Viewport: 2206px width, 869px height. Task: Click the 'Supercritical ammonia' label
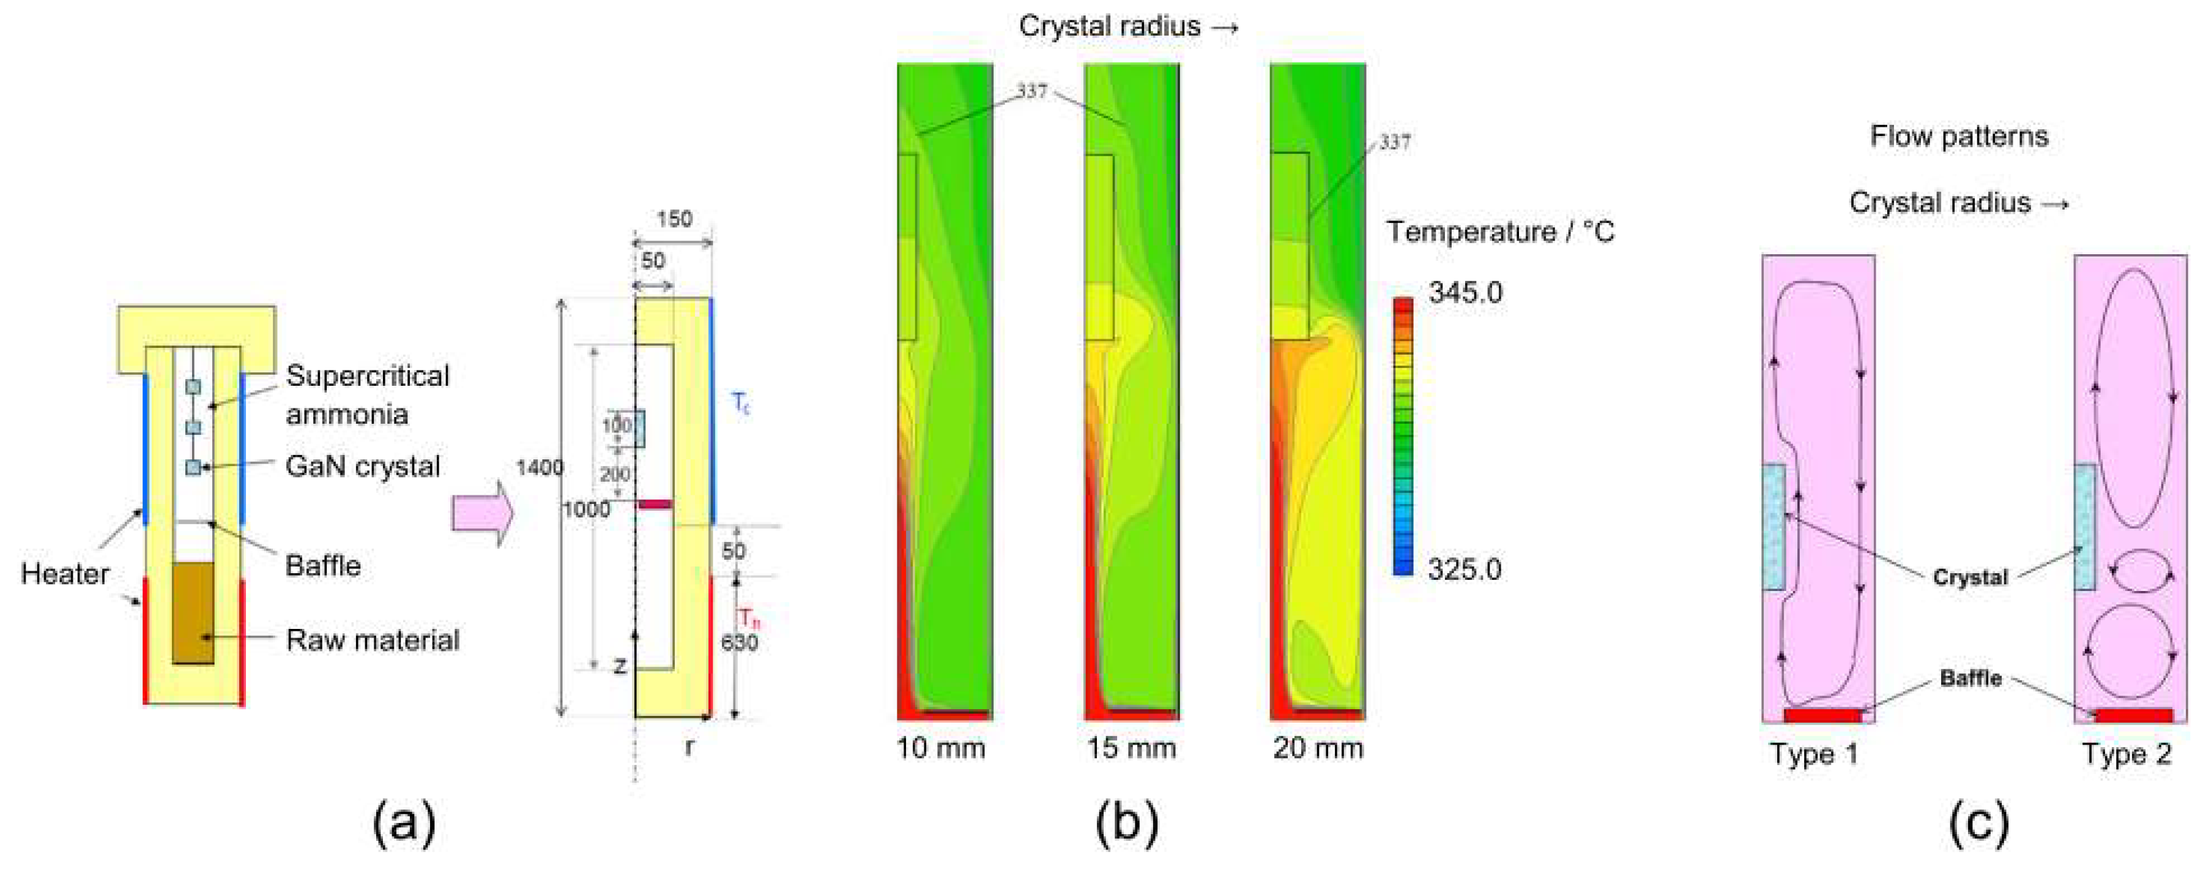point(368,395)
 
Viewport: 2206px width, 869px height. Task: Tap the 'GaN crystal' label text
point(363,467)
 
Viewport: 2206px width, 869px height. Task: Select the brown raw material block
point(193,613)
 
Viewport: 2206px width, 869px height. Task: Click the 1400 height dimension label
point(540,468)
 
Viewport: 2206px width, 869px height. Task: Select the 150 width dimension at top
point(674,219)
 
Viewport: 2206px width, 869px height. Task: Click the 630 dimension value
point(739,642)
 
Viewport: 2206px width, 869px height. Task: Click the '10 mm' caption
point(940,749)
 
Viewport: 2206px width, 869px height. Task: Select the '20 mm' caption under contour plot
point(1317,749)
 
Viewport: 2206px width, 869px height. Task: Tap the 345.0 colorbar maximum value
point(1465,293)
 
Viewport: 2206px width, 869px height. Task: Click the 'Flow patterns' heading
point(1958,137)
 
